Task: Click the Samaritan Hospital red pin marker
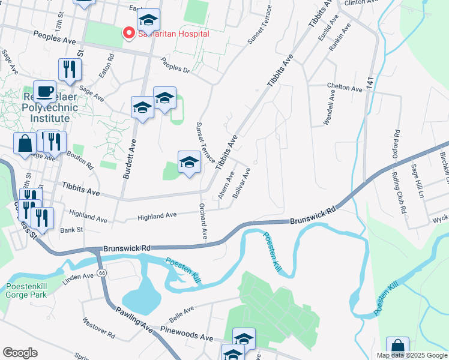(x=127, y=33)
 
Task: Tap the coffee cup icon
(x=44, y=91)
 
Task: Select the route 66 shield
(x=102, y=273)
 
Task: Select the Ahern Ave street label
(x=226, y=185)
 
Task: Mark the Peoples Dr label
(x=175, y=65)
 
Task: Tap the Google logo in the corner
(x=20, y=352)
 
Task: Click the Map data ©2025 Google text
(x=411, y=355)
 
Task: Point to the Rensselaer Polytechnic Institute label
(x=46, y=107)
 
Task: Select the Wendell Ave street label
(x=328, y=109)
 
